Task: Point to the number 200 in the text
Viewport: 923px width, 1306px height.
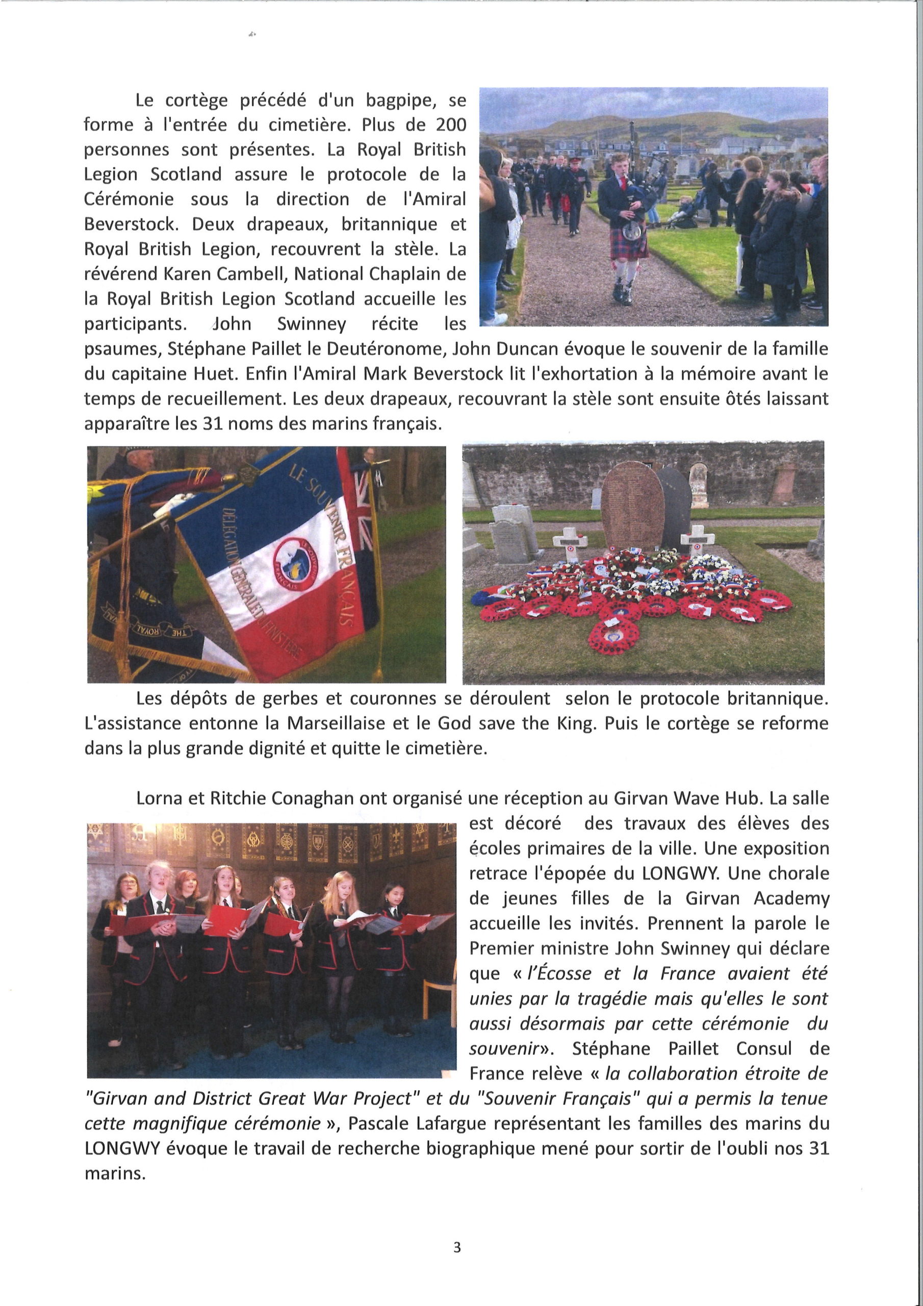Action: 450,125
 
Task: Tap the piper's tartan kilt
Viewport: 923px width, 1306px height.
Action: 628,241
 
